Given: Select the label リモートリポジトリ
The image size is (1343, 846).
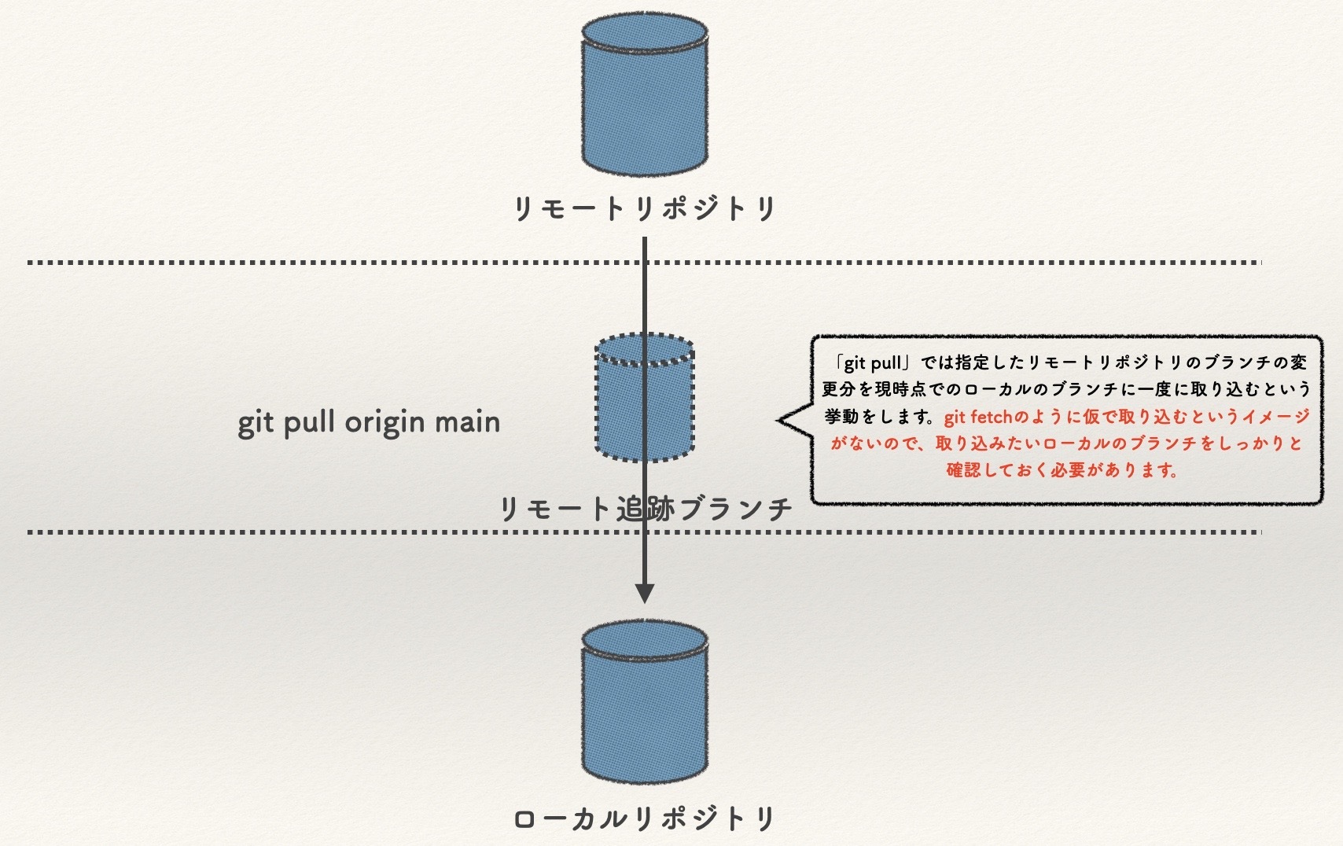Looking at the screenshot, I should (645, 209).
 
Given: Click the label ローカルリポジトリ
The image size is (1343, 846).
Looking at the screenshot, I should (645, 818).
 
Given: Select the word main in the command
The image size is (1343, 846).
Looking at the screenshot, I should (468, 422).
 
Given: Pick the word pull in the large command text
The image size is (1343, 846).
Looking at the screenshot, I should (310, 423).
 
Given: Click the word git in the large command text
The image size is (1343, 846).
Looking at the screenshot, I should (256, 424).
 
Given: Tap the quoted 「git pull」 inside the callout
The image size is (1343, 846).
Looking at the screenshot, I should (873, 363).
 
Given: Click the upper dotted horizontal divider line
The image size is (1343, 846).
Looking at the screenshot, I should (315, 262).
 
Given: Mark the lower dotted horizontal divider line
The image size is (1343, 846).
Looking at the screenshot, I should (315, 532).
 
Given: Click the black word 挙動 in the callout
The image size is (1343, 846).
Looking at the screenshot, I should (841, 417).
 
